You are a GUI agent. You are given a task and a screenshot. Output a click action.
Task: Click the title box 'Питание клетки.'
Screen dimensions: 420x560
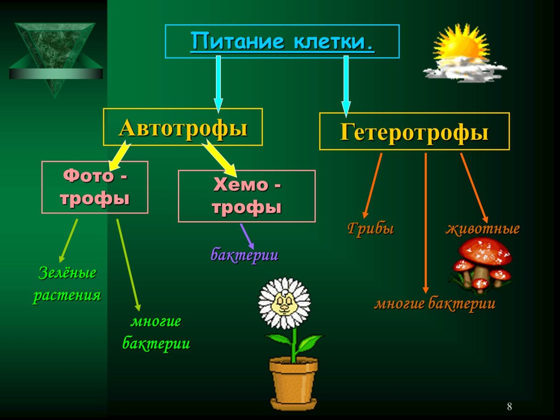(282, 41)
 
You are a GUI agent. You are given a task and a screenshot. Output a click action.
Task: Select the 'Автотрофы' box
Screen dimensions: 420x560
(183, 127)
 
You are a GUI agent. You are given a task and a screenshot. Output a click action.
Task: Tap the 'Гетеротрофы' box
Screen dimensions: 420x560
(414, 131)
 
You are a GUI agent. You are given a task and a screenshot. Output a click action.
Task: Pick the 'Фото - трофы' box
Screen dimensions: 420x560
(95, 187)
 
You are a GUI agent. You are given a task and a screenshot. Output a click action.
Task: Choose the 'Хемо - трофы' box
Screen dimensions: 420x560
(246, 196)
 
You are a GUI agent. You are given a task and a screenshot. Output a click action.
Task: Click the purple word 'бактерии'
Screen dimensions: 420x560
(245, 255)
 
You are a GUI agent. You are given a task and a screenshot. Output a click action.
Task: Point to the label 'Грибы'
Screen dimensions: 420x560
(370, 228)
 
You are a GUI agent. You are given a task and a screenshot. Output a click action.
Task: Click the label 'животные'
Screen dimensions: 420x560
(482, 228)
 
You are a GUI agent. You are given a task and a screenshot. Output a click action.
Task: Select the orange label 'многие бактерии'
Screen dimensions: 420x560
(435, 304)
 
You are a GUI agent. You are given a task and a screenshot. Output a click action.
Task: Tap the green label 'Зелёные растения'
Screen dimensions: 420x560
(67, 284)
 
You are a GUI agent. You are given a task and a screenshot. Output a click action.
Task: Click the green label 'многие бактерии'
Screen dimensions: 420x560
(156, 332)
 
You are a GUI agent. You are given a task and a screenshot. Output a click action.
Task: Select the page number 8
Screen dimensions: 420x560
(509, 407)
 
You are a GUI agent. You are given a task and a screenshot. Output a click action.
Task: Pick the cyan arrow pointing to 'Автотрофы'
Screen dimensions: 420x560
(218, 83)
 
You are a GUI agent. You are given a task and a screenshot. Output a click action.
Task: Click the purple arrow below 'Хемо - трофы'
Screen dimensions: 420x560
(247, 236)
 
